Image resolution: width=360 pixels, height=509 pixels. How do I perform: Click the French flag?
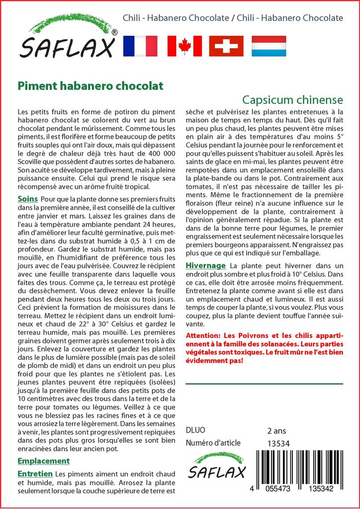click(140, 46)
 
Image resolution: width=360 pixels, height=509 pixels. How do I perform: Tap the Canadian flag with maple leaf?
click(184, 46)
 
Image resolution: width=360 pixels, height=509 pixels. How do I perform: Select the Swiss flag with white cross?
click(226, 46)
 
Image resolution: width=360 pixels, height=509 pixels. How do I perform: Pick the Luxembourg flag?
click(269, 46)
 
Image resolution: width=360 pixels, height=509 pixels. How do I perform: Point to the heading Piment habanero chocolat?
click(90, 85)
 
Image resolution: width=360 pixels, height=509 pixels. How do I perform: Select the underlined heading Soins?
click(28, 199)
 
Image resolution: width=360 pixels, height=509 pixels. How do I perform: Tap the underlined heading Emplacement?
click(43, 461)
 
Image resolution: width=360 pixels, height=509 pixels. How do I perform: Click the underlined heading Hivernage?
click(205, 265)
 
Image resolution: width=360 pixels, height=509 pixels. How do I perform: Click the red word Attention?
click(203, 336)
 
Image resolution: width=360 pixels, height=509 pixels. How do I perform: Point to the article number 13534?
click(278, 443)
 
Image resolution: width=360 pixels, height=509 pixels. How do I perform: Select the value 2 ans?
click(276, 430)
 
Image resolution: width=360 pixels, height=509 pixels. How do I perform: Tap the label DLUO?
click(195, 430)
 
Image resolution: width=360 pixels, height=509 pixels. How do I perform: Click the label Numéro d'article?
click(213, 443)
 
